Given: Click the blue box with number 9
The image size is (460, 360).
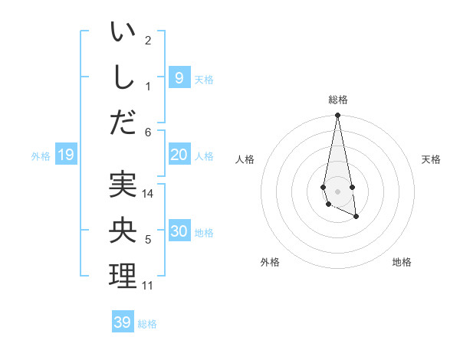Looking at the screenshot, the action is (x=179, y=77).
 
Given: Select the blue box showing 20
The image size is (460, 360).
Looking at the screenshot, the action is (x=179, y=155).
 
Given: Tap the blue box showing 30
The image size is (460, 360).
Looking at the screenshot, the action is (x=179, y=231).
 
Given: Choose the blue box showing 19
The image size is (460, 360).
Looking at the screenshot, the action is (x=65, y=155).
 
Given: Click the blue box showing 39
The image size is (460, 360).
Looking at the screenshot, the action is (x=123, y=322).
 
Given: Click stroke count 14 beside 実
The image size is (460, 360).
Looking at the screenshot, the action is (x=148, y=194).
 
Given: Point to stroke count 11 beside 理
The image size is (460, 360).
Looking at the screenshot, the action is (x=148, y=286).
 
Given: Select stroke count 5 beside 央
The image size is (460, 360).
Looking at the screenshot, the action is (x=148, y=240).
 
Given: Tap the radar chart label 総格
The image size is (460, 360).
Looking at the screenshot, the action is (x=338, y=100).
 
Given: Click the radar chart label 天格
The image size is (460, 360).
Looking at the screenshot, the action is (x=432, y=159).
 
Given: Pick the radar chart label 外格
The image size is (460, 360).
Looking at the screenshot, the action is (x=270, y=262).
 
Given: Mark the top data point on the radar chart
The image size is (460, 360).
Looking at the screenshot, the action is (x=338, y=116).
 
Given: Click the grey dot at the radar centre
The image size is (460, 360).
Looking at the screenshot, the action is (x=338, y=191).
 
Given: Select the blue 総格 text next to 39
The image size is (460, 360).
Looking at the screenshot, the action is (x=147, y=323).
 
